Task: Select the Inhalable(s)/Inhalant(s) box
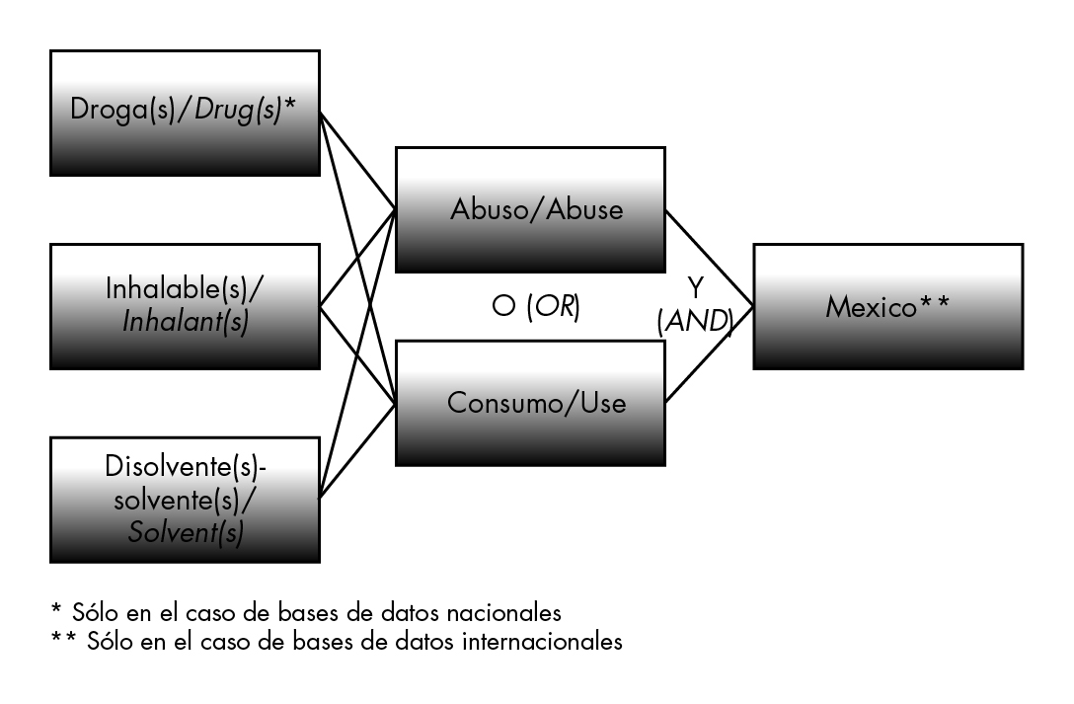(x=185, y=306)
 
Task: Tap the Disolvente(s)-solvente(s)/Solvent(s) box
(x=185, y=500)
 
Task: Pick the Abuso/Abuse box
(x=530, y=209)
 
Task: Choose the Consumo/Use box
(x=530, y=403)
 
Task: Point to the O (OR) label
(x=535, y=307)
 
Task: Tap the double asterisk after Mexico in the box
(x=932, y=304)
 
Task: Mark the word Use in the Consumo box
(x=604, y=403)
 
